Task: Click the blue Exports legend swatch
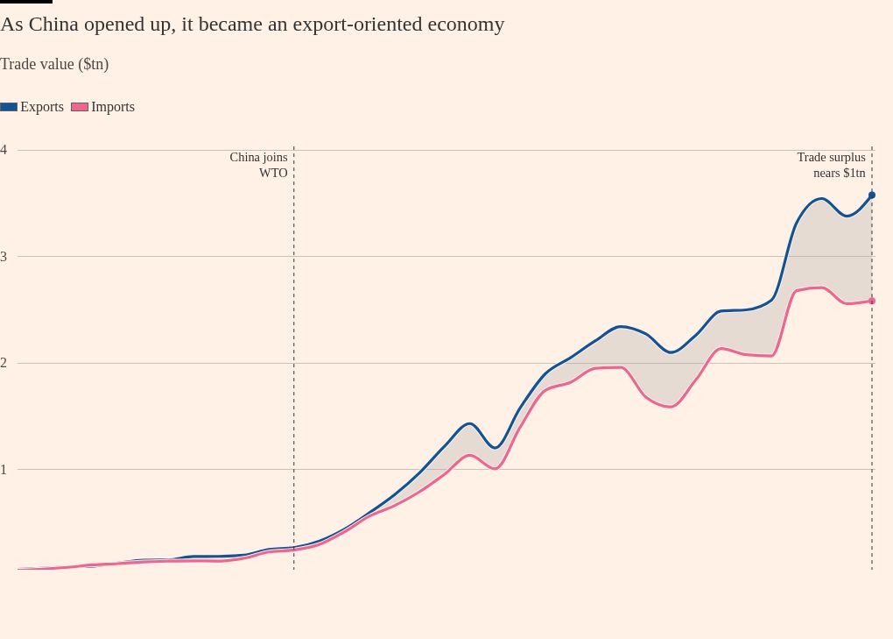(9, 107)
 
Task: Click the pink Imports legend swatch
(80, 107)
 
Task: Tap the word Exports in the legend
(42, 107)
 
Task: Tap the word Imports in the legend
(113, 107)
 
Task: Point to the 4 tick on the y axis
(4, 150)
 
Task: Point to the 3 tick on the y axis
(4, 257)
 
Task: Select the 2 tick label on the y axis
(4, 363)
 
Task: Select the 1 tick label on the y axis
(4, 470)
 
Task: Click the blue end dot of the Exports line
(872, 195)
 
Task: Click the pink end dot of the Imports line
(872, 301)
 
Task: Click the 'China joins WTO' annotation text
(259, 165)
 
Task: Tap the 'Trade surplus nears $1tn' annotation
(831, 165)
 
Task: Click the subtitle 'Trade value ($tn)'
(54, 64)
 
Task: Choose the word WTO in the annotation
(273, 173)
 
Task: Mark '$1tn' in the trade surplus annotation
(854, 173)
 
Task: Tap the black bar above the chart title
(26, 2)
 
